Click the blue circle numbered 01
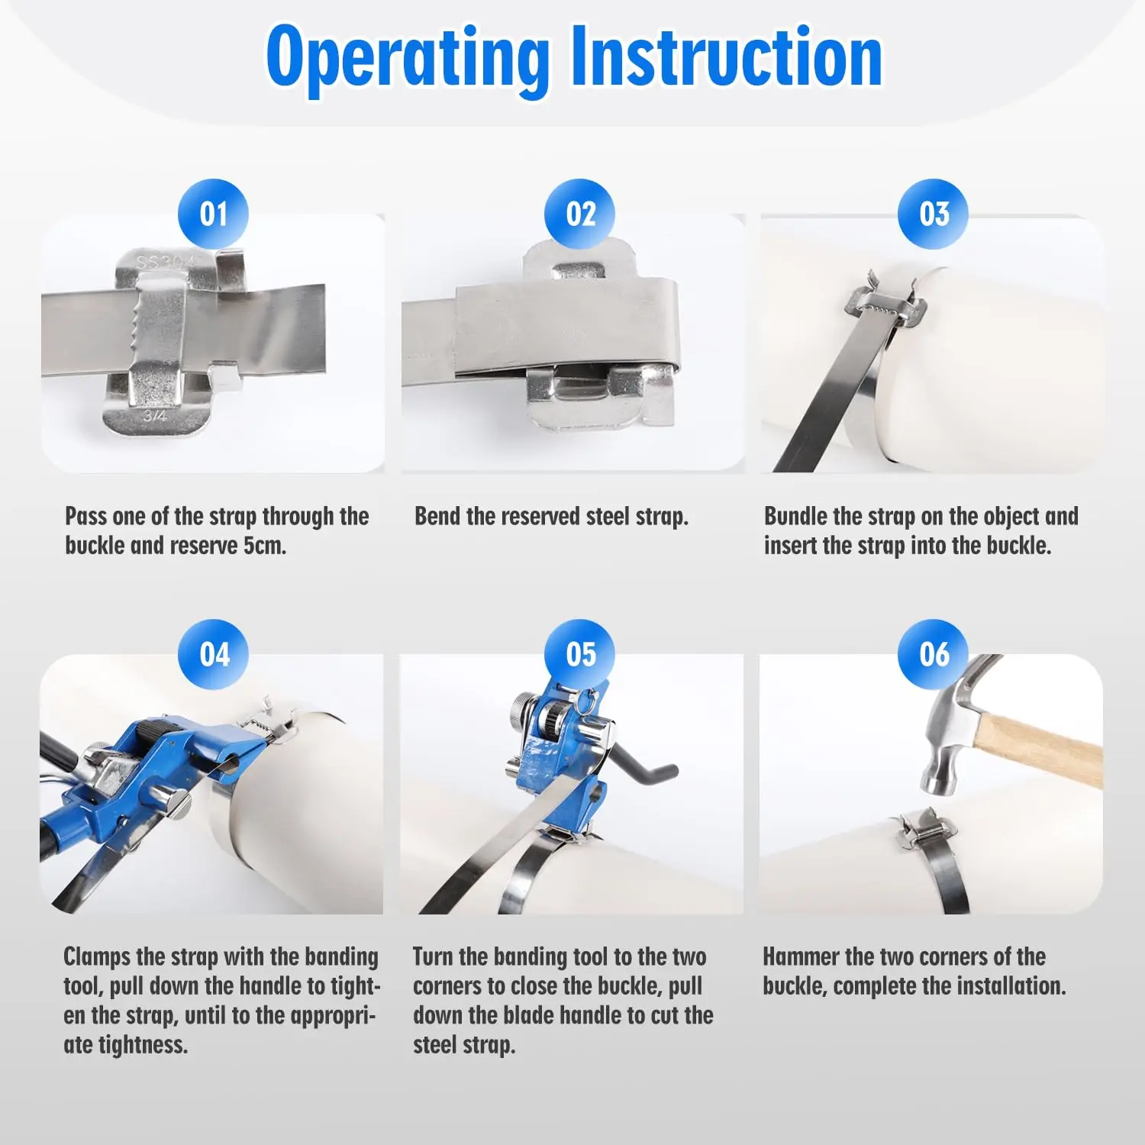coord(213,214)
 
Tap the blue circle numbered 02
coord(580,214)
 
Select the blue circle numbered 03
coord(934,214)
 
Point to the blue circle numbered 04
coord(214,654)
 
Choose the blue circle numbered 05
coord(580,654)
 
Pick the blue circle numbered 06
coord(934,654)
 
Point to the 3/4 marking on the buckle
coord(154,416)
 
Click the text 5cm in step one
coord(265,546)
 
